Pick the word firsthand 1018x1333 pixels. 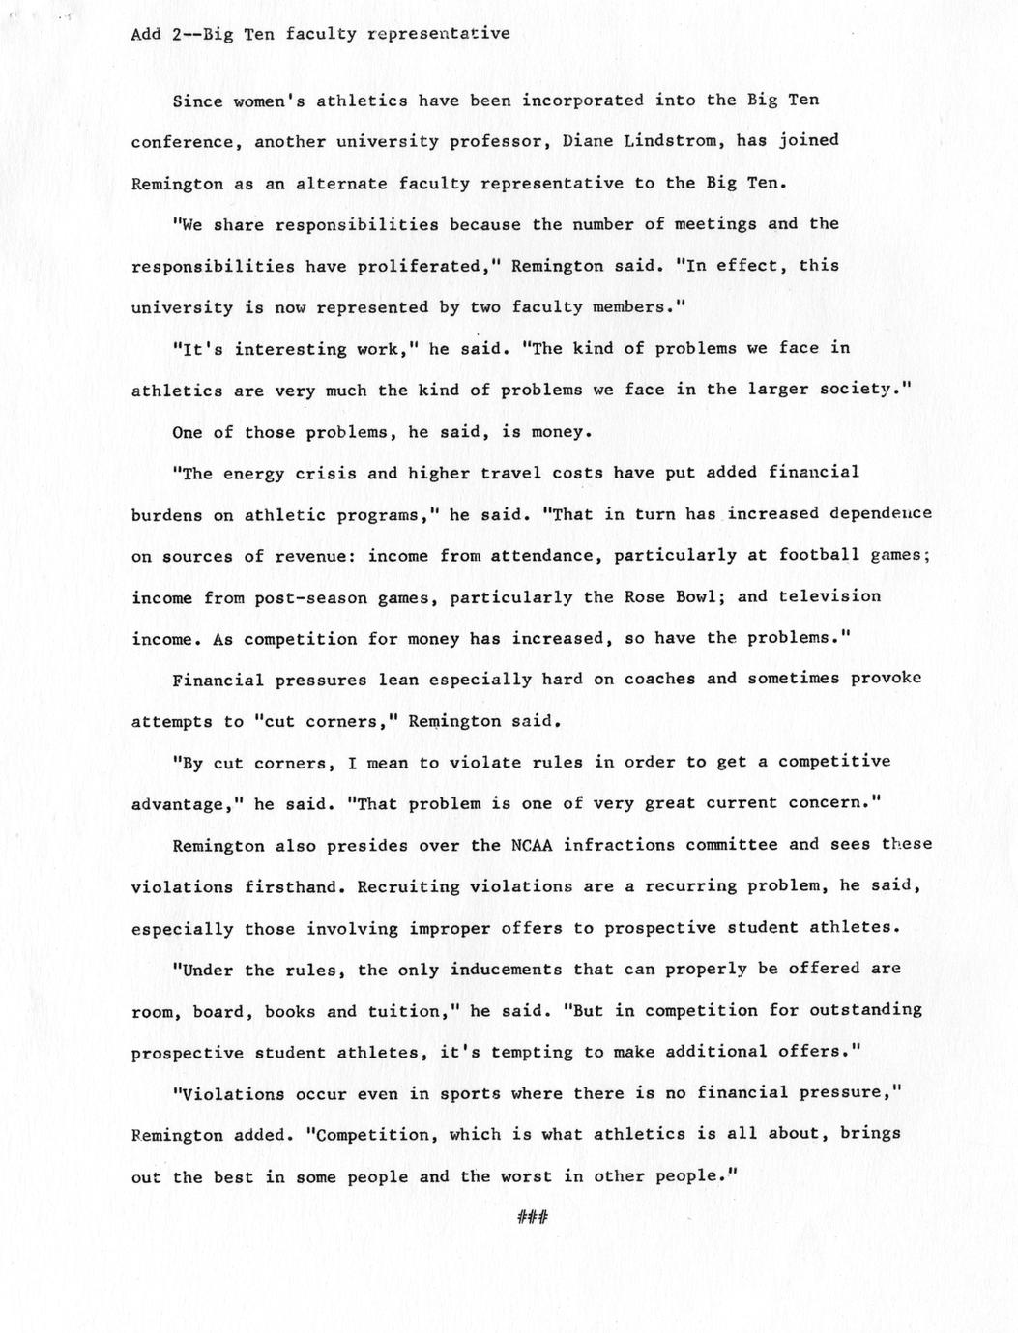point(289,886)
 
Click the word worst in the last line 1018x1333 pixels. point(527,1177)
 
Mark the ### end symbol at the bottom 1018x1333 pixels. point(532,1218)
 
